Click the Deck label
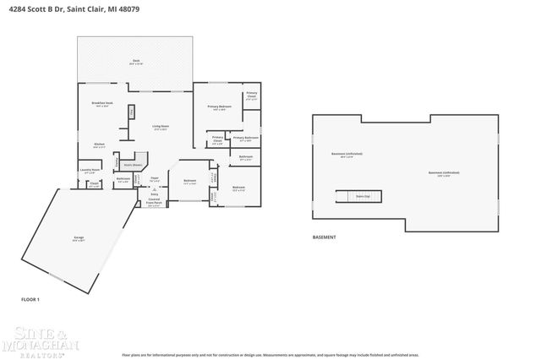click(x=135, y=62)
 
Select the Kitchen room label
click(x=99, y=145)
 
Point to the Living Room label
click(x=160, y=128)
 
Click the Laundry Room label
click(x=90, y=171)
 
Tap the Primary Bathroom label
click(x=245, y=138)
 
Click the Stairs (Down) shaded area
click(x=132, y=166)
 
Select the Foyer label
click(x=155, y=178)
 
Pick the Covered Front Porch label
click(x=155, y=203)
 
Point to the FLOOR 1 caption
click(x=30, y=299)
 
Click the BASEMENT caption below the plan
click(x=325, y=237)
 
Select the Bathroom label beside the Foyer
click(x=123, y=180)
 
